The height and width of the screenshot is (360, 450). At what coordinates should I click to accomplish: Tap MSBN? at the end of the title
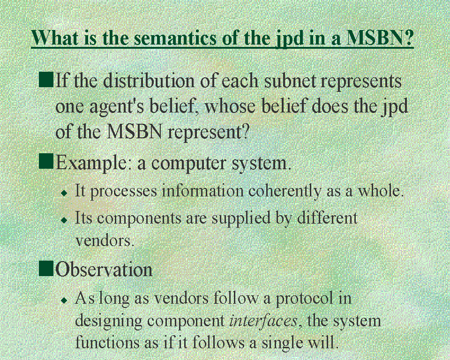[x=380, y=37]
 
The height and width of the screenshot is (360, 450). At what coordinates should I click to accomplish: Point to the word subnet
[x=290, y=81]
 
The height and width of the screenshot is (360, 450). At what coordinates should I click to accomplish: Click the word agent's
[x=118, y=107]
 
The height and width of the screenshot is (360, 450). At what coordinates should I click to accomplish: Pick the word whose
[x=230, y=106]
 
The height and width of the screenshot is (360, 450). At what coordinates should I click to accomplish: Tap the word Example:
[x=91, y=163]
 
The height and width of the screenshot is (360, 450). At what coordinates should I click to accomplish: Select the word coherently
[x=285, y=191]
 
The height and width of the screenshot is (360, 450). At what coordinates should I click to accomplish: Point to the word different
[x=327, y=217]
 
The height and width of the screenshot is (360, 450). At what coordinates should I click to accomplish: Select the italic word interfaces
[x=263, y=320]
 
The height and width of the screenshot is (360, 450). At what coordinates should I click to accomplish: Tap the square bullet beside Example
[x=46, y=161]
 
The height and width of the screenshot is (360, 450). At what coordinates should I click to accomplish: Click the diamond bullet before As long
[x=64, y=300]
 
